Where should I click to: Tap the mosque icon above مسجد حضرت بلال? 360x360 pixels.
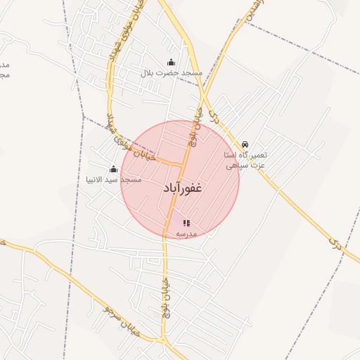(171, 63)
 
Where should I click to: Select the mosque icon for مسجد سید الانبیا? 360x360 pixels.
(113, 169)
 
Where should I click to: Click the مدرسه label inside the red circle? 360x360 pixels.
(186, 233)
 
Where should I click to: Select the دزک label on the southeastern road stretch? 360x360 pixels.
(333, 240)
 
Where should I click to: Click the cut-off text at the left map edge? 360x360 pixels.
(4, 69)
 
